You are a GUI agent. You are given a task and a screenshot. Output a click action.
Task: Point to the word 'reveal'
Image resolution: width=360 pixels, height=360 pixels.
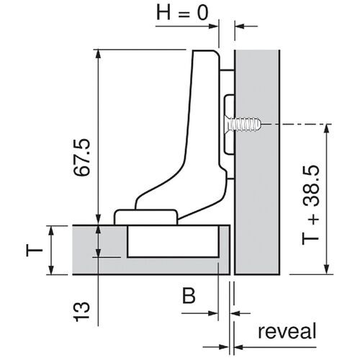coord(287,332)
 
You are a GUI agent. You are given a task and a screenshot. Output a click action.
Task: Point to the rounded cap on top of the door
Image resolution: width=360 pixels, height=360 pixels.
coord(147,216)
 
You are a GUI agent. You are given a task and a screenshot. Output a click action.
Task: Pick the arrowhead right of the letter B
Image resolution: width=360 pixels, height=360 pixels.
coord(214,313)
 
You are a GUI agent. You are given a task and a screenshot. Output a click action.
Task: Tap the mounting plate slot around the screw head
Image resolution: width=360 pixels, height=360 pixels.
coord(229,124)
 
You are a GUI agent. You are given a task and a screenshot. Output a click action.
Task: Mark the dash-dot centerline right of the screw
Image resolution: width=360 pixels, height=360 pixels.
coord(302,125)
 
